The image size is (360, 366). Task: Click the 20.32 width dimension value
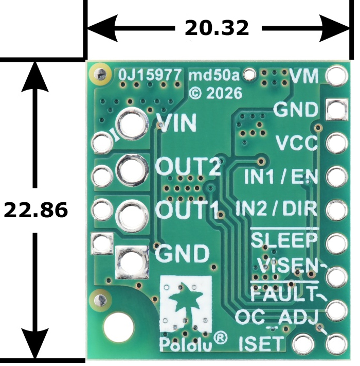pos(217,28)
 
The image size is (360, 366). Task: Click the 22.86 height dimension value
pos(35,210)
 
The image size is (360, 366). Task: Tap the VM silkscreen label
pos(303,76)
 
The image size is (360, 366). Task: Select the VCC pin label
pos(297,143)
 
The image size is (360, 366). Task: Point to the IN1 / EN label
pos(281,177)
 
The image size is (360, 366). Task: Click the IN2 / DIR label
pos(277,208)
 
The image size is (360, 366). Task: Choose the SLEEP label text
pos(284,240)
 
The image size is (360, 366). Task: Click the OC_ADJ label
pos(277,318)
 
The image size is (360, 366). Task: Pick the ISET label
pos(262,343)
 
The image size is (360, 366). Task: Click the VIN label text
pos(176,123)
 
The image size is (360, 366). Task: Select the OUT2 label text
pos(188,166)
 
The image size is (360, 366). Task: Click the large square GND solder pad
pos(132,263)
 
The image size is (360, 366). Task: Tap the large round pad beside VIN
pos(133,124)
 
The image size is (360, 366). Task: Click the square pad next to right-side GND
pos(336,109)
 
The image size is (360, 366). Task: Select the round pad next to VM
pos(336,75)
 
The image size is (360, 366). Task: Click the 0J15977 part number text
pos(150,75)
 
